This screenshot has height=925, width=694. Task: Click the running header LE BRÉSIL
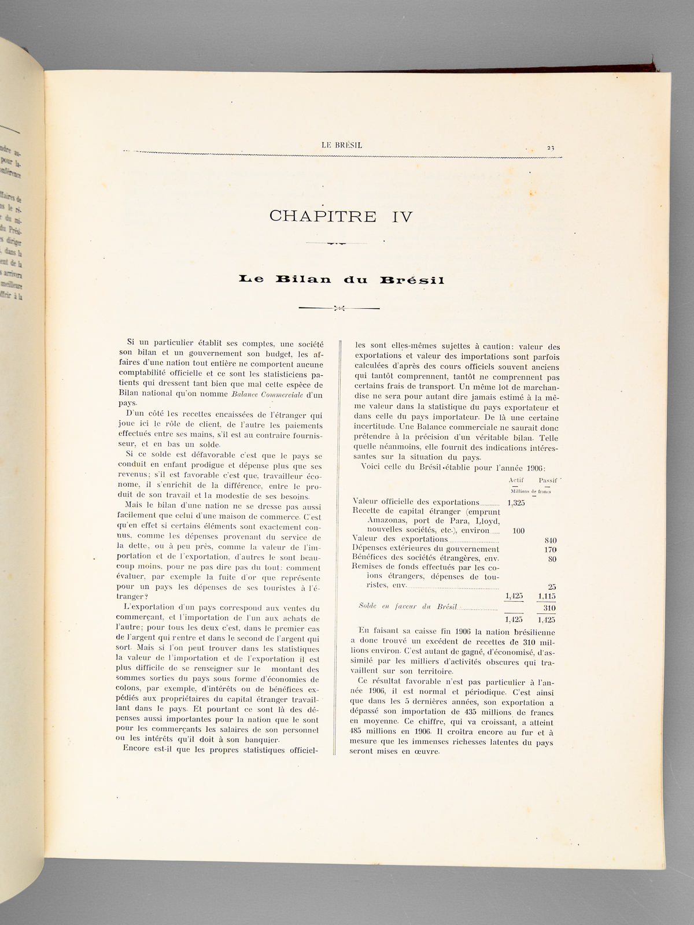(342, 145)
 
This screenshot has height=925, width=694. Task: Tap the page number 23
(550, 147)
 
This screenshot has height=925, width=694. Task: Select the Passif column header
(547, 480)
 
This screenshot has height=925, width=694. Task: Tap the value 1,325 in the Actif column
(515, 502)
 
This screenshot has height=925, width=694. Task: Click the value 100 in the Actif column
(518, 530)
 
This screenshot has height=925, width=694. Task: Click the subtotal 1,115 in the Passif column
(547, 596)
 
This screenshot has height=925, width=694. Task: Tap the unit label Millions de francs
(531, 491)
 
